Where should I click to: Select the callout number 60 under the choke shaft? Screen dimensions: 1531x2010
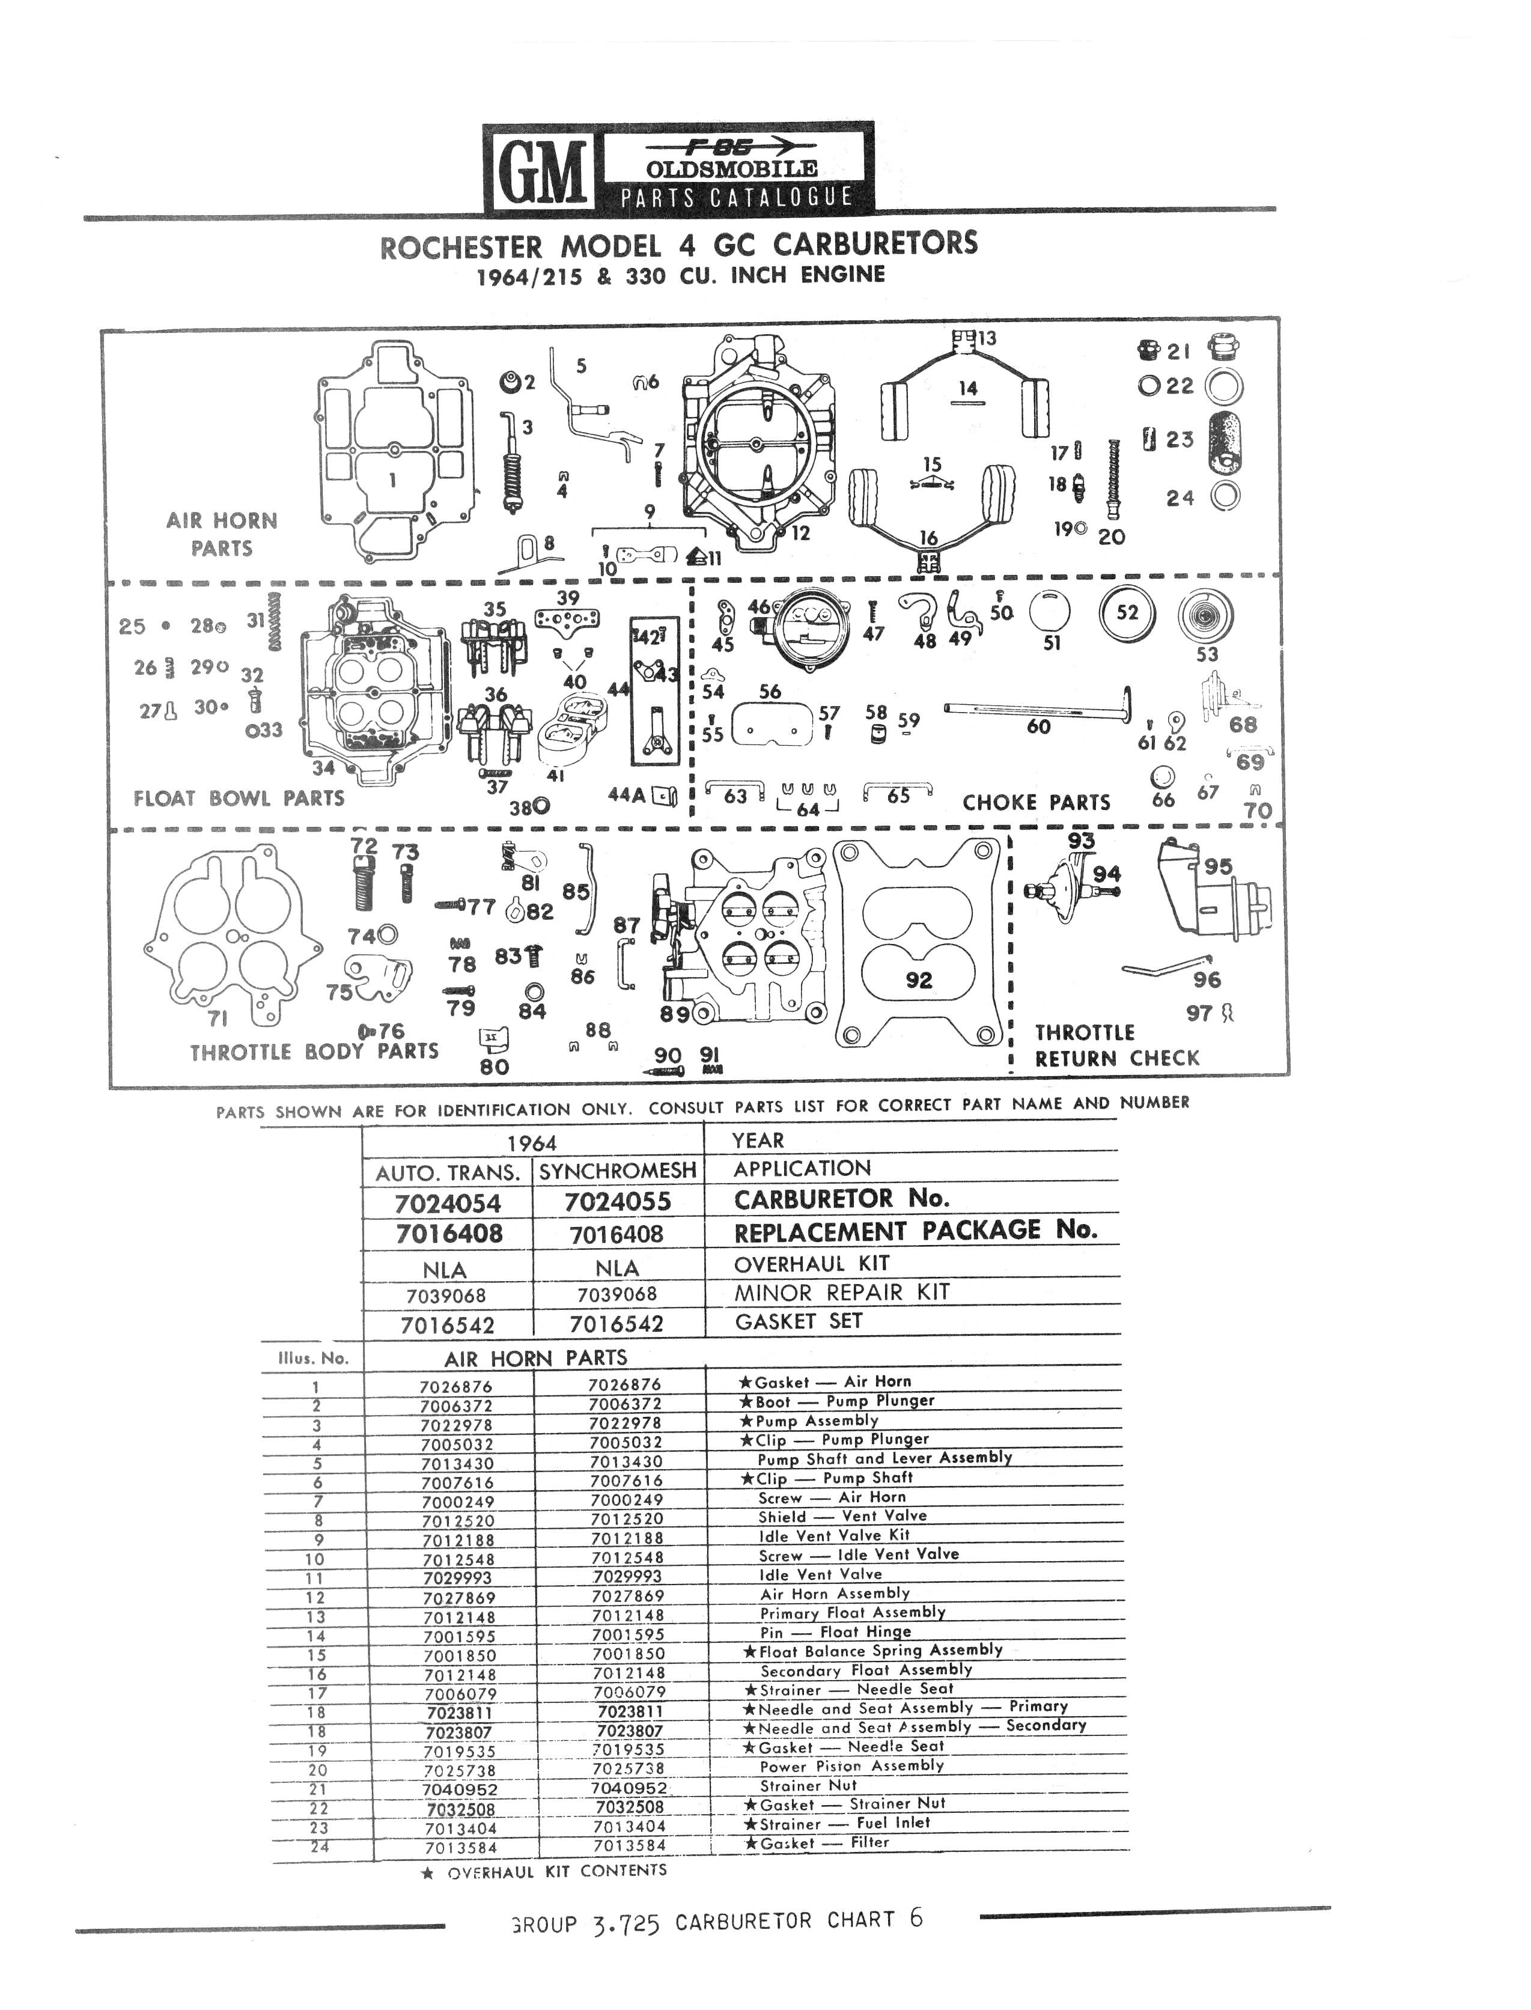1038,726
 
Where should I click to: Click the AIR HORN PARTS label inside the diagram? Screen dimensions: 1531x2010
222,534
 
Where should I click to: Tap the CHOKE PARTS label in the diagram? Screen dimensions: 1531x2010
1036,803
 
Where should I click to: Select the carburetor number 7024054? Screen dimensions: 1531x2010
448,1204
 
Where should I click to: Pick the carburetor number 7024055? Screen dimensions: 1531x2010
618,1202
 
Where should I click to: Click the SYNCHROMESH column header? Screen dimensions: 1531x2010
617,1171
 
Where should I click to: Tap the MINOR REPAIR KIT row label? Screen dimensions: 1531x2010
842,1292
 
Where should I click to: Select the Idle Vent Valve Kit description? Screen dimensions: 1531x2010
835,1534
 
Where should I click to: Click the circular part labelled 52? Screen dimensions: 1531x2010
1127,613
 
